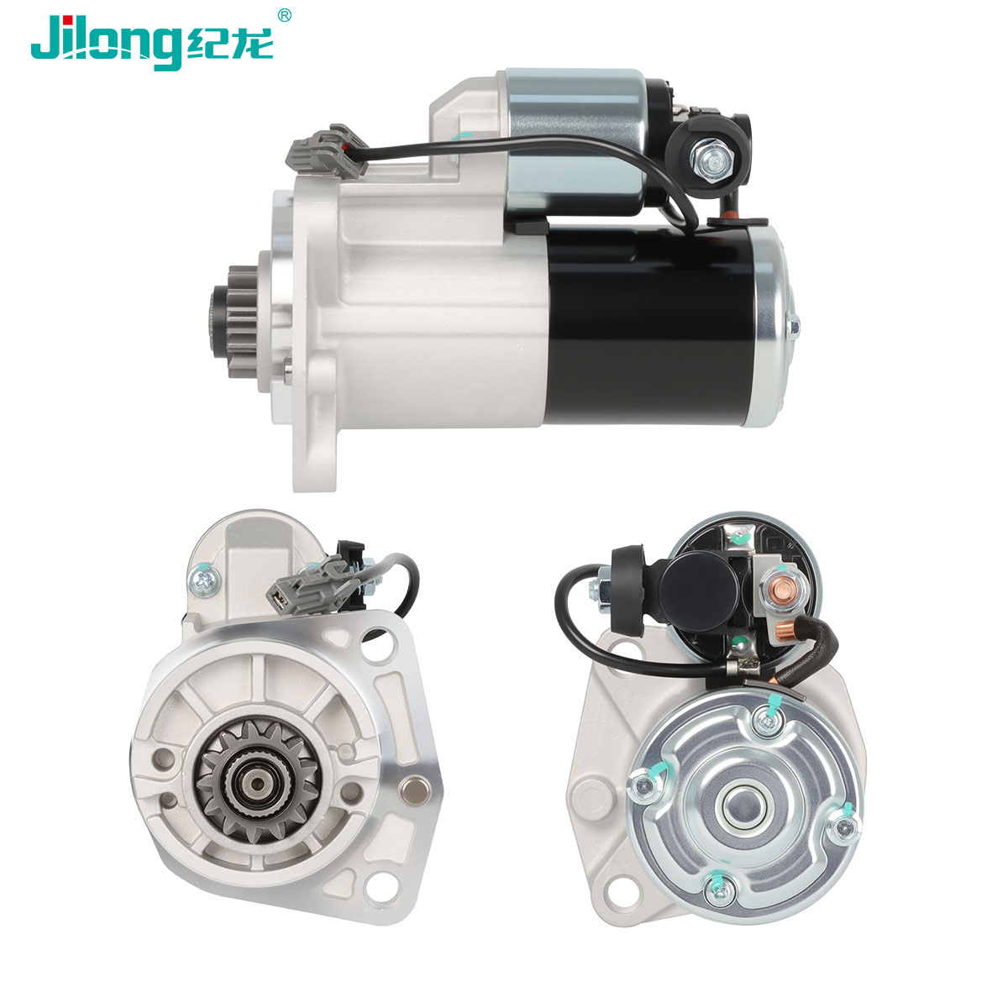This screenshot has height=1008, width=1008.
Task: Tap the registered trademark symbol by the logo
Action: click(284, 16)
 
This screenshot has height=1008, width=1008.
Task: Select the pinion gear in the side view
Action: click(236, 321)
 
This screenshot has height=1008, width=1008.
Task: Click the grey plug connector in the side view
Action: click(327, 150)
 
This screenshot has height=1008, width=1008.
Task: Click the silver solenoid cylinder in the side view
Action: click(575, 140)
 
